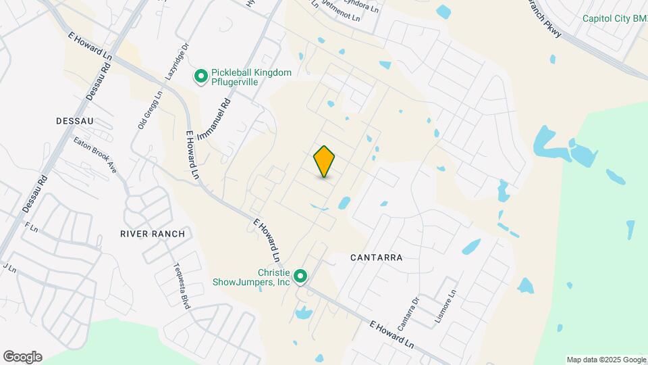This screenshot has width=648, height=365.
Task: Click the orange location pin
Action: (x=325, y=161)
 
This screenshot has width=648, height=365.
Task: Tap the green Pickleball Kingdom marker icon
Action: (x=200, y=77)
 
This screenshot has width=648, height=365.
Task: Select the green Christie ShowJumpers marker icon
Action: (x=301, y=276)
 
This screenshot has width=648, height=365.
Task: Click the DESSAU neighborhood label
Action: (x=75, y=120)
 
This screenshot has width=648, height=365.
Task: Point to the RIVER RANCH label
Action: (x=152, y=234)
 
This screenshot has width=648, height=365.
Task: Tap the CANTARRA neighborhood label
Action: (x=377, y=258)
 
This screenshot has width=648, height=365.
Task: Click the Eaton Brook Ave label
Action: (x=96, y=156)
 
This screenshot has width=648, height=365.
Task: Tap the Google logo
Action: (x=22, y=357)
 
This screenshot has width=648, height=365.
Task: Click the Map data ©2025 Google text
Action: (x=606, y=360)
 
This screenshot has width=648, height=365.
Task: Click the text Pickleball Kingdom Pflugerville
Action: (x=251, y=77)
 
